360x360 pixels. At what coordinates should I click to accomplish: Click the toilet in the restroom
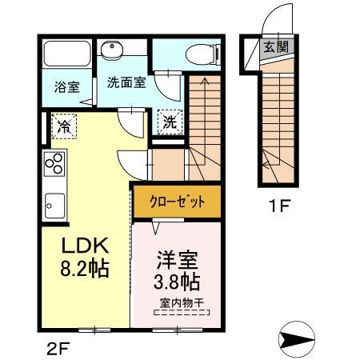(x=202, y=55)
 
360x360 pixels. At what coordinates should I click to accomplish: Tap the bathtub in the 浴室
(x=67, y=54)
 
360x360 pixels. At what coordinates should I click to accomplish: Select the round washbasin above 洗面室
(x=112, y=50)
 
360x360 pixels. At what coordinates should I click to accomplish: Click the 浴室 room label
(x=67, y=87)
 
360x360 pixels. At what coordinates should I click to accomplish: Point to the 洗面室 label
(x=126, y=82)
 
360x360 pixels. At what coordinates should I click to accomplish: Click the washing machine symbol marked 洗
(x=170, y=122)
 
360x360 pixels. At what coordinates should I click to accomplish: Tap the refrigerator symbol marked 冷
(x=64, y=126)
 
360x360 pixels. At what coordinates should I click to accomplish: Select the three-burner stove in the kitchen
(x=54, y=164)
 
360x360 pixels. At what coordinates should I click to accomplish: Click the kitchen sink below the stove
(x=54, y=206)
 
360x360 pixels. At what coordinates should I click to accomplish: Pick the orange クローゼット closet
(x=178, y=202)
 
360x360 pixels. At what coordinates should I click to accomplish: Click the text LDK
(x=85, y=246)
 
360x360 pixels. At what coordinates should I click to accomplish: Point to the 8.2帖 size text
(x=85, y=268)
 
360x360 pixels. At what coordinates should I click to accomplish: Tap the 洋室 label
(x=178, y=260)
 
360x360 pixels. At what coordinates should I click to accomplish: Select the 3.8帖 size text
(x=177, y=282)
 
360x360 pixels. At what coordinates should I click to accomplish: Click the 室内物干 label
(x=182, y=303)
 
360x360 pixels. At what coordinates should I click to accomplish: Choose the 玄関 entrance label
(x=276, y=47)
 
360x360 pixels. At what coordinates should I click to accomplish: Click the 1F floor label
(x=279, y=206)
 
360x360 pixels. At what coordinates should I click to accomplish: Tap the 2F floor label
(x=58, y=349)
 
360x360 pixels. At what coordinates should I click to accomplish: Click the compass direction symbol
(x=297, y=339)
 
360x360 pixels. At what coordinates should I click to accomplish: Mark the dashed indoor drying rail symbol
(x=182, y=312)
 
